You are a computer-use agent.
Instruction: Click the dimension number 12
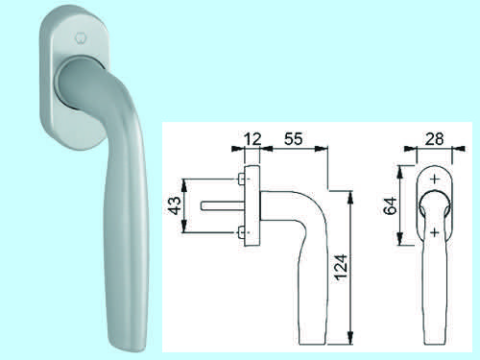coord(252,139)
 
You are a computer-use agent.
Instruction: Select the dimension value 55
coord(293,139)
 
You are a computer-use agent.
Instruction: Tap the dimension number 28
coord(435,139)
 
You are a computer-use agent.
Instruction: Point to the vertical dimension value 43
coord(175,205)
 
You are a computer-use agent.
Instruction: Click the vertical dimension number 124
coord(341,268)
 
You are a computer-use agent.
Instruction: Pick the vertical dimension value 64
coord(391,206)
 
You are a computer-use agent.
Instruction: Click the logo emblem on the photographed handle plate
coord(79,38)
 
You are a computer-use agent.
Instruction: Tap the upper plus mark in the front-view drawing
coord(434,179)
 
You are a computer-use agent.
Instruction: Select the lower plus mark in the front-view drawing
coord(434,232)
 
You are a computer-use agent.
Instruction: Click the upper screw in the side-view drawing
coord(241,179)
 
